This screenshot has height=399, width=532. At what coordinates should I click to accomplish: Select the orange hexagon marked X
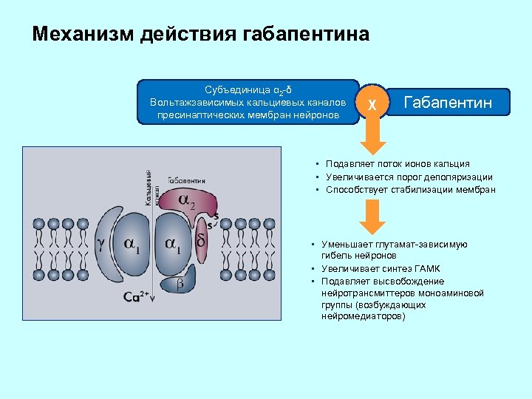coord(373,103)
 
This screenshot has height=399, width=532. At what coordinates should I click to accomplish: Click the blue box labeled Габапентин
coord(448,102)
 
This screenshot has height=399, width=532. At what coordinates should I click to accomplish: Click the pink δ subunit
coord(202,241)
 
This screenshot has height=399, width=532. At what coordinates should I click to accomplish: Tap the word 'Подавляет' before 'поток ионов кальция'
coord(345,163)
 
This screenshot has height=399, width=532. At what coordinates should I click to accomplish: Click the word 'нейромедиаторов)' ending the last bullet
coord(364,316)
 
